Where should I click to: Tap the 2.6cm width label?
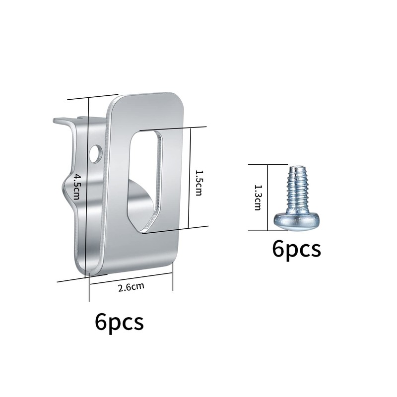[131, 287]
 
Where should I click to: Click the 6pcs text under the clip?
[119, 322]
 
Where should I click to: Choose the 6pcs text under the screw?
[296, 249]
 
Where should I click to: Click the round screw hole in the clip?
[96, 154]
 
